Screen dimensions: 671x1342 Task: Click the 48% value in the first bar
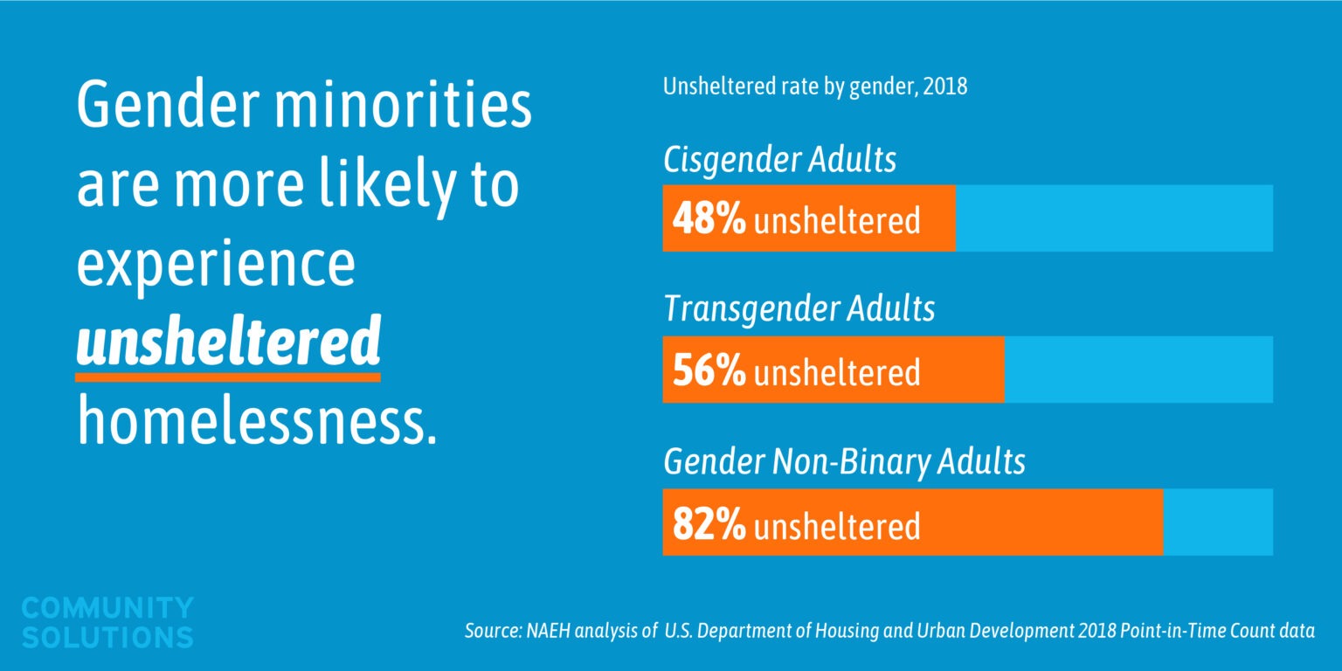coord(709,219)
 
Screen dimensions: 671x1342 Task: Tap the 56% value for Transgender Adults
coord(709,371)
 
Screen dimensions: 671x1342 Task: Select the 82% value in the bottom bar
coord(709,524)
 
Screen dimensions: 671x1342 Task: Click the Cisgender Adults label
coord(779,161)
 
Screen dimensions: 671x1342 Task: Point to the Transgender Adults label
coord(799,309)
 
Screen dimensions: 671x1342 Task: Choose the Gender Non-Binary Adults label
coord(844,461)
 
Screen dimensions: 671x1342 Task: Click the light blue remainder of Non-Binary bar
coord(1217,522)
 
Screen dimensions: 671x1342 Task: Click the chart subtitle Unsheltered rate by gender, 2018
coord(814,88)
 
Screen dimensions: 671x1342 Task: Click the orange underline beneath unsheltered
coord(228,377)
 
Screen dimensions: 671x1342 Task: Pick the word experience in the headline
coord(216,266)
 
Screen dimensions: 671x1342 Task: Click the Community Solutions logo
coord(107,622)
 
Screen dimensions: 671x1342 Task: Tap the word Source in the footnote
coord(491,632)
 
